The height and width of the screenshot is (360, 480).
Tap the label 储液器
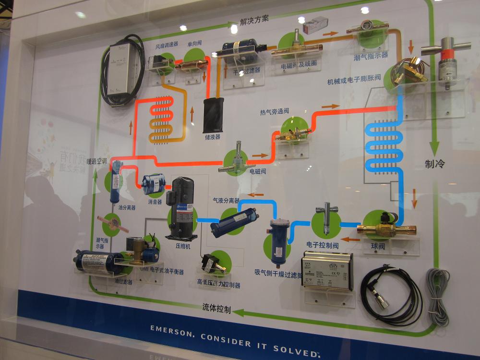click(x=212, y=137)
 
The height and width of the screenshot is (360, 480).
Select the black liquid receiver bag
click(x=213, y=115)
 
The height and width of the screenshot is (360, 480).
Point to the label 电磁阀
click(x=258, y=170)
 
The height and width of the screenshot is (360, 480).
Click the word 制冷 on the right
click(x=435, y=164)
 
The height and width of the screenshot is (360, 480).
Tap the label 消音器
click(x=155, y=202)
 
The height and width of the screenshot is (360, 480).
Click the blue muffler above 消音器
click(x=154, y=184)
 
